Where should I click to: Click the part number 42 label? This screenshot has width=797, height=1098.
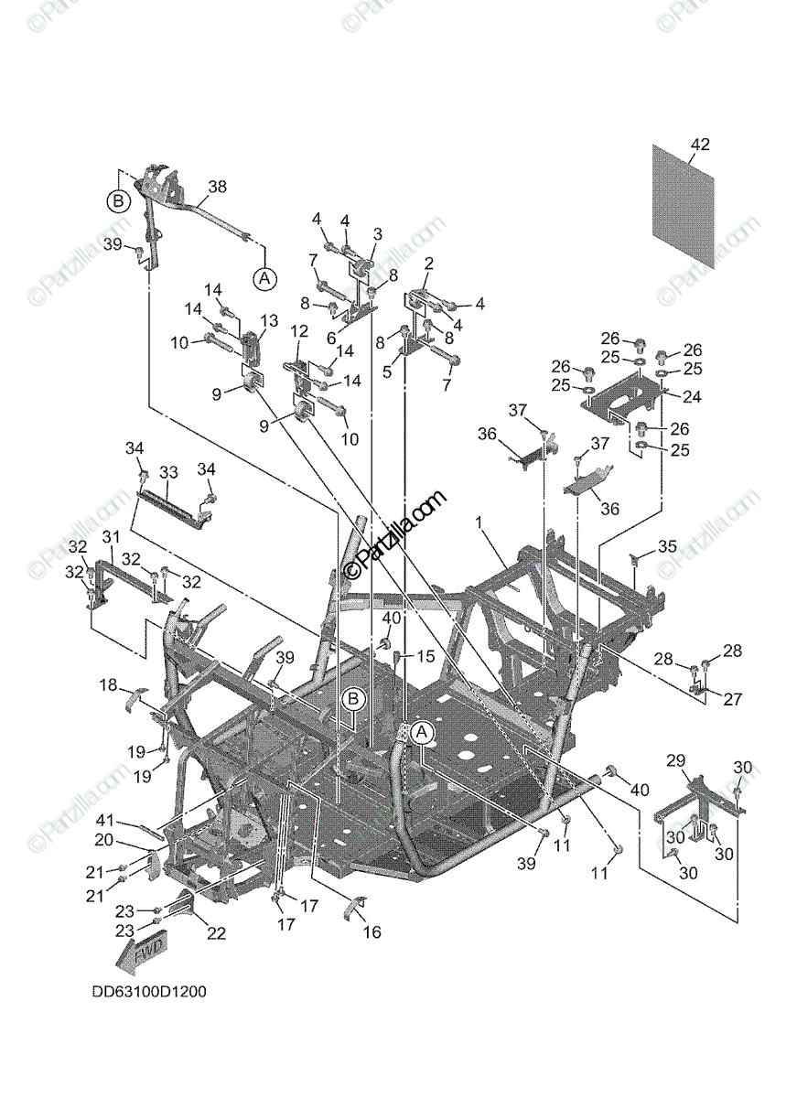[x=700, y=145]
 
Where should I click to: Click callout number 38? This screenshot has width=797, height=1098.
[x=217, y=185]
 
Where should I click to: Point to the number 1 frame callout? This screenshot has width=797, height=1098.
[x=478, y=521]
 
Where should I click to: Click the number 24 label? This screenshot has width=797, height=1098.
[x=692, y=398]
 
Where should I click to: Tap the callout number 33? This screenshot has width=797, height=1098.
[x=168, y=472]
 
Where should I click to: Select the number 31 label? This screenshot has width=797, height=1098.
[x=111, y=536]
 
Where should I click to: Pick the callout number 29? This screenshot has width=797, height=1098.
[x=675, y=760]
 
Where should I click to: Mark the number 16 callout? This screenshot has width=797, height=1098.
[x=372, y=932]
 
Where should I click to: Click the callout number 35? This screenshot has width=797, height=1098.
[x=667, y=547]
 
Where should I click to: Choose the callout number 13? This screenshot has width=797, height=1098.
[x=269, y=320]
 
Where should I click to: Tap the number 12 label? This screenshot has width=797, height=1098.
[x=299, y=330]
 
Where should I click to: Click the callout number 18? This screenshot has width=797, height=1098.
[x=108, y=685]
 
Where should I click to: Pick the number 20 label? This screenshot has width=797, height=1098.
[x=103, y=840]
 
